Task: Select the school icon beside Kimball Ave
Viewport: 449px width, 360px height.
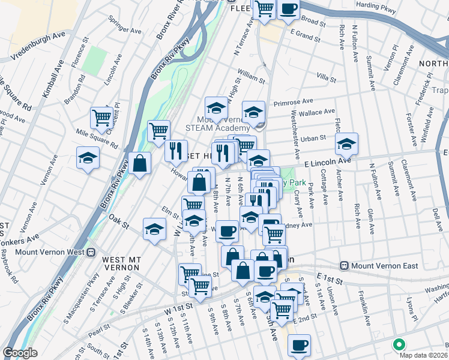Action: pos(88,159)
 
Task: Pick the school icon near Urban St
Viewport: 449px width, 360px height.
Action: pos(346,144)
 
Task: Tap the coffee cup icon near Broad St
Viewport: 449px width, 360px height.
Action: pos(289,10)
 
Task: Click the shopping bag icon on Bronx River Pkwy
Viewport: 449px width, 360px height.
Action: pos(139,163)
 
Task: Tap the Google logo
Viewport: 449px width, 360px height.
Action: pos(20,353)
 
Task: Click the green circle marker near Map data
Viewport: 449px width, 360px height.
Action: pos(397,344)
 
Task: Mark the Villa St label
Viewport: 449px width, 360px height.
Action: pos(326,77)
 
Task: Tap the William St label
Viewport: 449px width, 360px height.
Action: pos(251,78)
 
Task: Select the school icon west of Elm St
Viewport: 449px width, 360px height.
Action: pos(154,229)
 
